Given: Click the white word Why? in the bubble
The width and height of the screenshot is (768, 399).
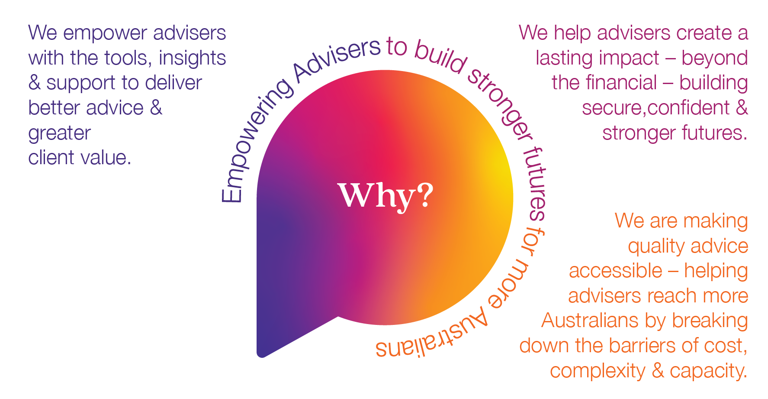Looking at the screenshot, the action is [x=385, y=196].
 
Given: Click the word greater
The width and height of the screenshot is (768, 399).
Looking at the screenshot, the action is [x=60, y=133].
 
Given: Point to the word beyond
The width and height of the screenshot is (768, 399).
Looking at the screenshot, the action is [x=714, y=58].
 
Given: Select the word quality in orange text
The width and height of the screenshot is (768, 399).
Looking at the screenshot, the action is [x=656, y=246].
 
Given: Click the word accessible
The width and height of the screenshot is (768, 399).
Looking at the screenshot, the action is [x=615, y=271].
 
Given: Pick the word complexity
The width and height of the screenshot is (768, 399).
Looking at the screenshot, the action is [x=598, y=371].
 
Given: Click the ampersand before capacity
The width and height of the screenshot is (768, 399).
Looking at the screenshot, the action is [x=658, y=371].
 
